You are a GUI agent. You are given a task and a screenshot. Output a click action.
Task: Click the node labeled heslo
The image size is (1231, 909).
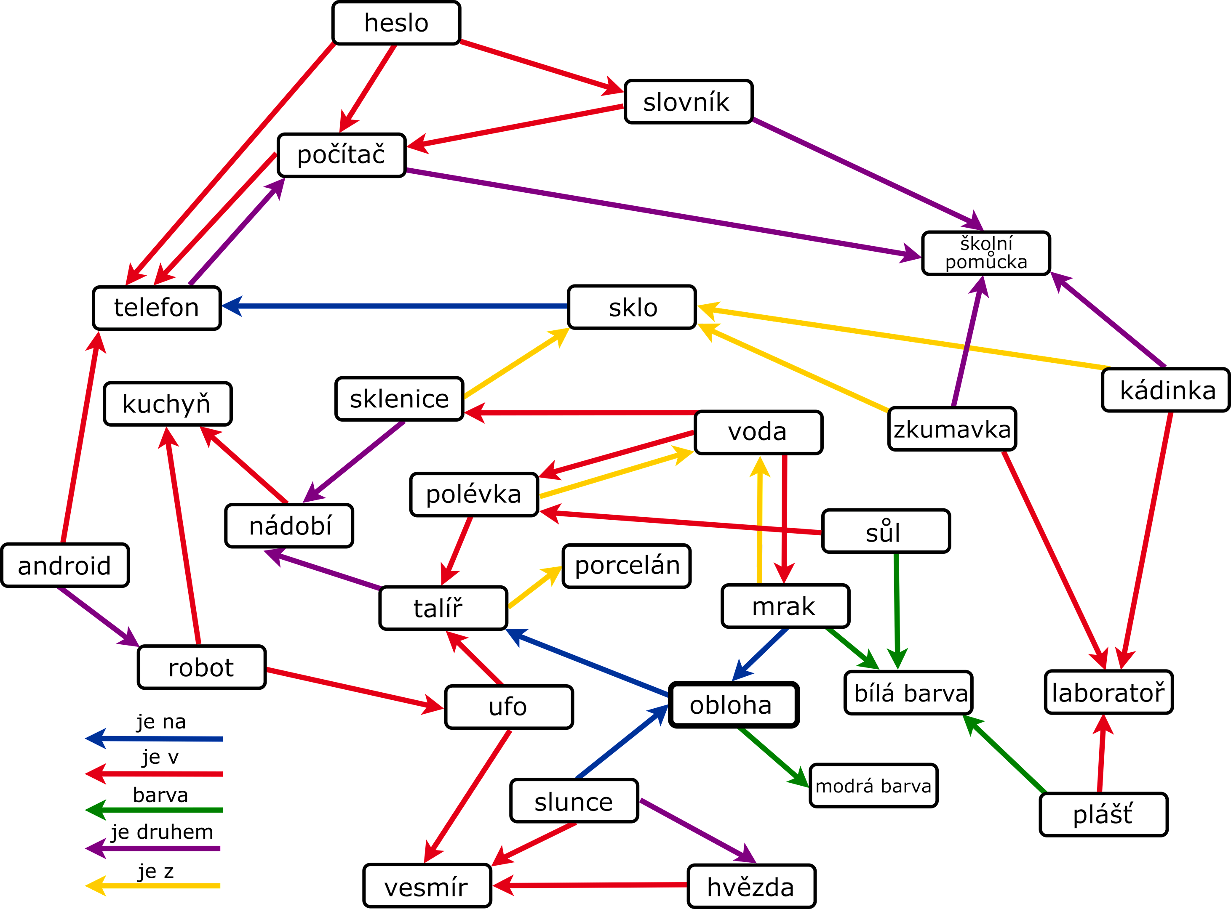396,23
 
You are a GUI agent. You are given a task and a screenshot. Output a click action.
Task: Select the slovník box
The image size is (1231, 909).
688,102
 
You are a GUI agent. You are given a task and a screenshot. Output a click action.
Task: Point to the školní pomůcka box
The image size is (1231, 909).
985,253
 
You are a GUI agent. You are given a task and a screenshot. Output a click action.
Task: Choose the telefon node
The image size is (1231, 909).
156,308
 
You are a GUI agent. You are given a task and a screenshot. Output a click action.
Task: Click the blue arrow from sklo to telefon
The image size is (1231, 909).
394,306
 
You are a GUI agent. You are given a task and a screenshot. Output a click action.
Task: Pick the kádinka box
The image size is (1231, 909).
1165,390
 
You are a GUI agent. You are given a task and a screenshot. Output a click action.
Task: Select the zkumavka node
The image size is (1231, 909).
952,429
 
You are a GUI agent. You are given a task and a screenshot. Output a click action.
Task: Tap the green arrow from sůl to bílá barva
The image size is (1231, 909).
897,611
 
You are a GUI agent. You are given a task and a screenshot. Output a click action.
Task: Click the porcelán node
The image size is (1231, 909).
627,566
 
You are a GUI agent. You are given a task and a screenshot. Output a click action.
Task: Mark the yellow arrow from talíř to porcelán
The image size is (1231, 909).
534,587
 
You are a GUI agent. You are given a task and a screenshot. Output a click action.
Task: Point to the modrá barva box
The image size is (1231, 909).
873,786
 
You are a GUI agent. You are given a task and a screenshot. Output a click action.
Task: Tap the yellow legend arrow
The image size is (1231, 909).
154,886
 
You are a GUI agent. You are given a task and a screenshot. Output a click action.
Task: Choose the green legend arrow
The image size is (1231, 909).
154,810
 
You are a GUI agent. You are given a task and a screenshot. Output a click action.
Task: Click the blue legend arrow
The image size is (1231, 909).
154,739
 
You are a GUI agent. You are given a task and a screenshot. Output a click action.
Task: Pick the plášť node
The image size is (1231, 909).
1103,814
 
